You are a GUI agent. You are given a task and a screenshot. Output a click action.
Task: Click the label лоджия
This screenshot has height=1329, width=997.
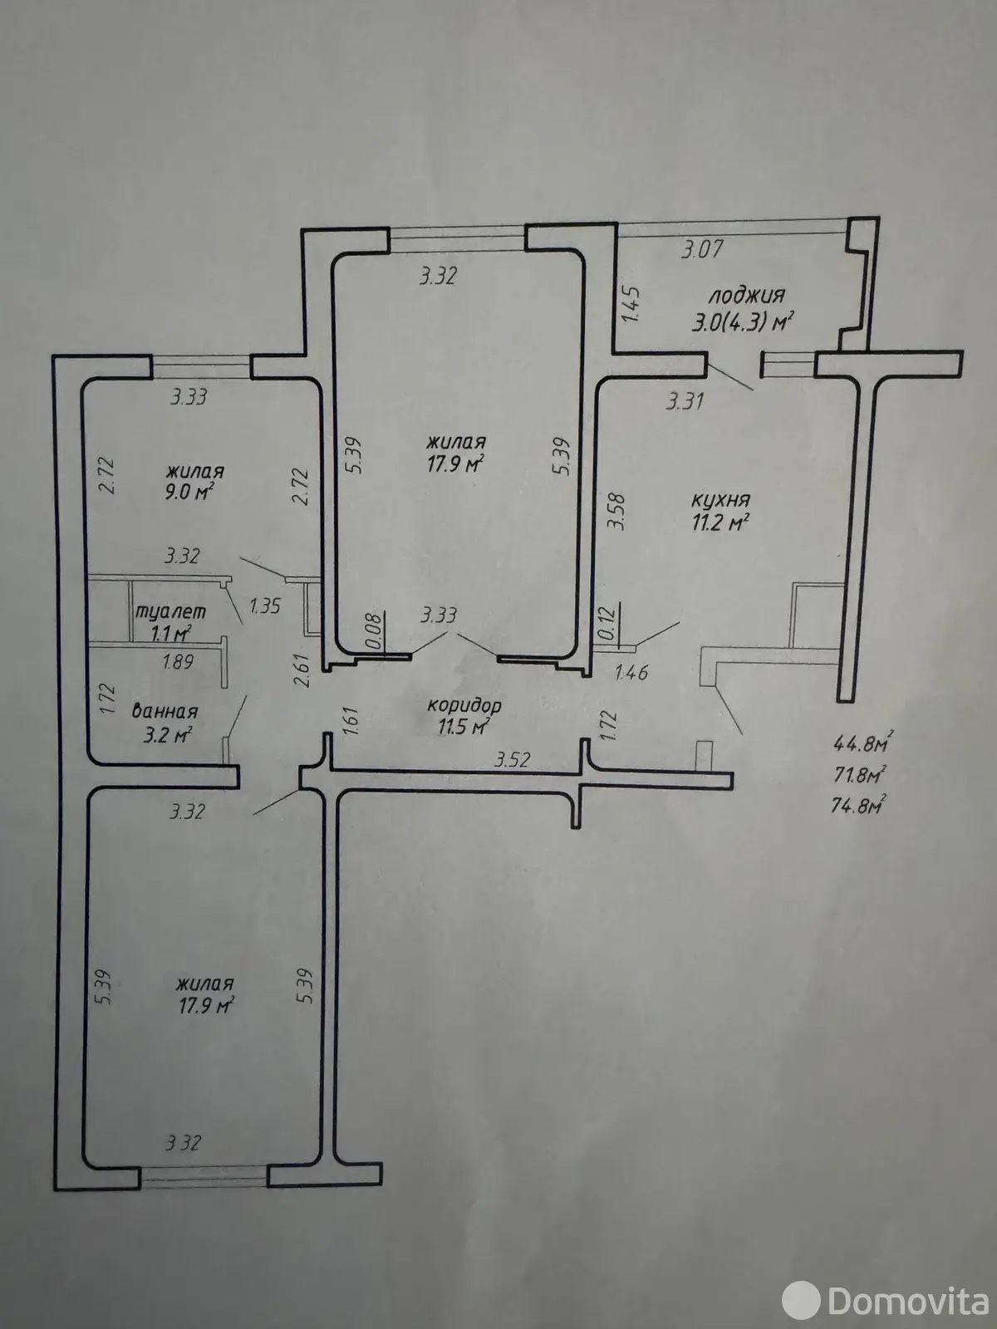[x=747, y=296]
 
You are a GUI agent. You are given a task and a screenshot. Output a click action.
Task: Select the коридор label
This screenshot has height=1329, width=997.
[x=464, y=705]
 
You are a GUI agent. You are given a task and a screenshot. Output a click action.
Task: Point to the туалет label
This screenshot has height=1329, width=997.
[x=170, y=611]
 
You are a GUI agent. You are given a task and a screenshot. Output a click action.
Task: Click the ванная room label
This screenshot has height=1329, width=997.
[x=165, y=711]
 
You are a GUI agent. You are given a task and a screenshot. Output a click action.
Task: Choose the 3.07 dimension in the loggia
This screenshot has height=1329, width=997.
[x=701, y=249]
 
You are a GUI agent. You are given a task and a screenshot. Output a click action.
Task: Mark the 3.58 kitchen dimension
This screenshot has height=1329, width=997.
[x=618, y=512]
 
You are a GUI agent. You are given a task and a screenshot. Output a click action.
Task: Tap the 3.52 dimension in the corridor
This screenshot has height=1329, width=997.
[x=512, y=759]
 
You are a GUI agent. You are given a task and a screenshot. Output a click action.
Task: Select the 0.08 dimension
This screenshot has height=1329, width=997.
[x=375, y=632]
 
